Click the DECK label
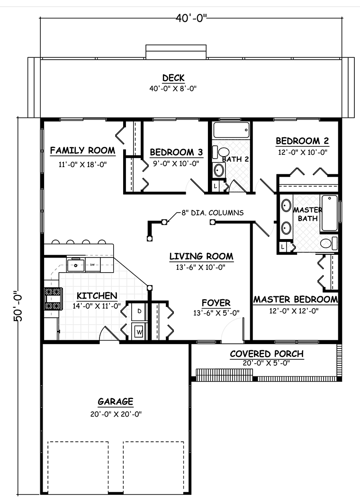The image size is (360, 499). click(173, 78)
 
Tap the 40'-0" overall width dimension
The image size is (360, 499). click(191, 18)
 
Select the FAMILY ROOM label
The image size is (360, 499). click(82, 151)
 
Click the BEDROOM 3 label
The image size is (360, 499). click(176, 152)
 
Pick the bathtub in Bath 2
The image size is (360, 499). click(231, 130)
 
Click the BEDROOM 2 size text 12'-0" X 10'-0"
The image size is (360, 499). click(302, 152)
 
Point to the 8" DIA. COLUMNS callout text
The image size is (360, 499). click(212, 213)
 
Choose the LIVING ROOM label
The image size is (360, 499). click(201, 257)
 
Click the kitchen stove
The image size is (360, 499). click(52, 298)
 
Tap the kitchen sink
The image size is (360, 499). click(75, 265)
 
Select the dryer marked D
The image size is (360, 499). click(139, 311)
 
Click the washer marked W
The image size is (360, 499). click(139, 331)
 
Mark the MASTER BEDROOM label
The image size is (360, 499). click(296, 300)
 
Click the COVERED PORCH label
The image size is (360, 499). click(266, 354)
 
